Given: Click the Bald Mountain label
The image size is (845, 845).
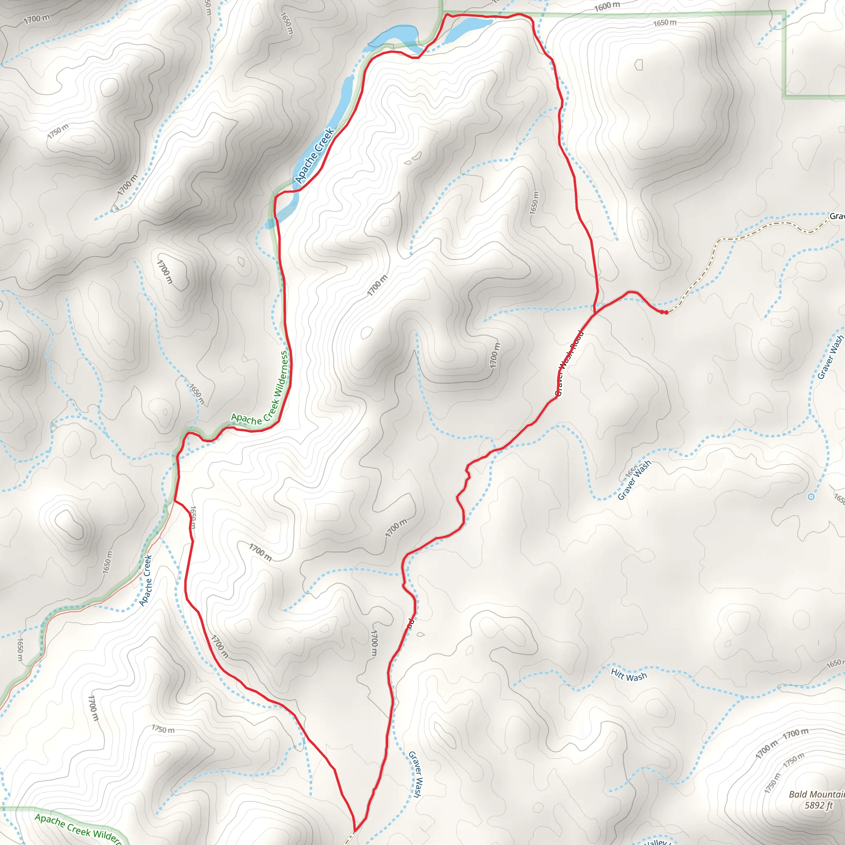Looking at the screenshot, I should tap(816, 794).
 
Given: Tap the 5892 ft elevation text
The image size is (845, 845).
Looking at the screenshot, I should tap(818, 805).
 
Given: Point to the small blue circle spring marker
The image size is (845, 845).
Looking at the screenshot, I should tap(811, 497).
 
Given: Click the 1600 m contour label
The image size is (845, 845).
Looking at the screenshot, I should tap(607, 7).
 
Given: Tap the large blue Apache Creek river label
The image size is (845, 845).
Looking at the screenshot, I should tap(314, 155).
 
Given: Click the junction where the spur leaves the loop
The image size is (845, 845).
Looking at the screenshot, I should tap(595, 313).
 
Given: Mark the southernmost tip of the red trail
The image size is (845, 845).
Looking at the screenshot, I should tap(355, 830).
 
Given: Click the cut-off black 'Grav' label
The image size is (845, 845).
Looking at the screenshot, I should tap(837, 216).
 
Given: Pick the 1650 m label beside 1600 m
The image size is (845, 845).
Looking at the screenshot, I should tap(664, 22).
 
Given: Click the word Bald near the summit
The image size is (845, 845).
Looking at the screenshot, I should tap(798, 794).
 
